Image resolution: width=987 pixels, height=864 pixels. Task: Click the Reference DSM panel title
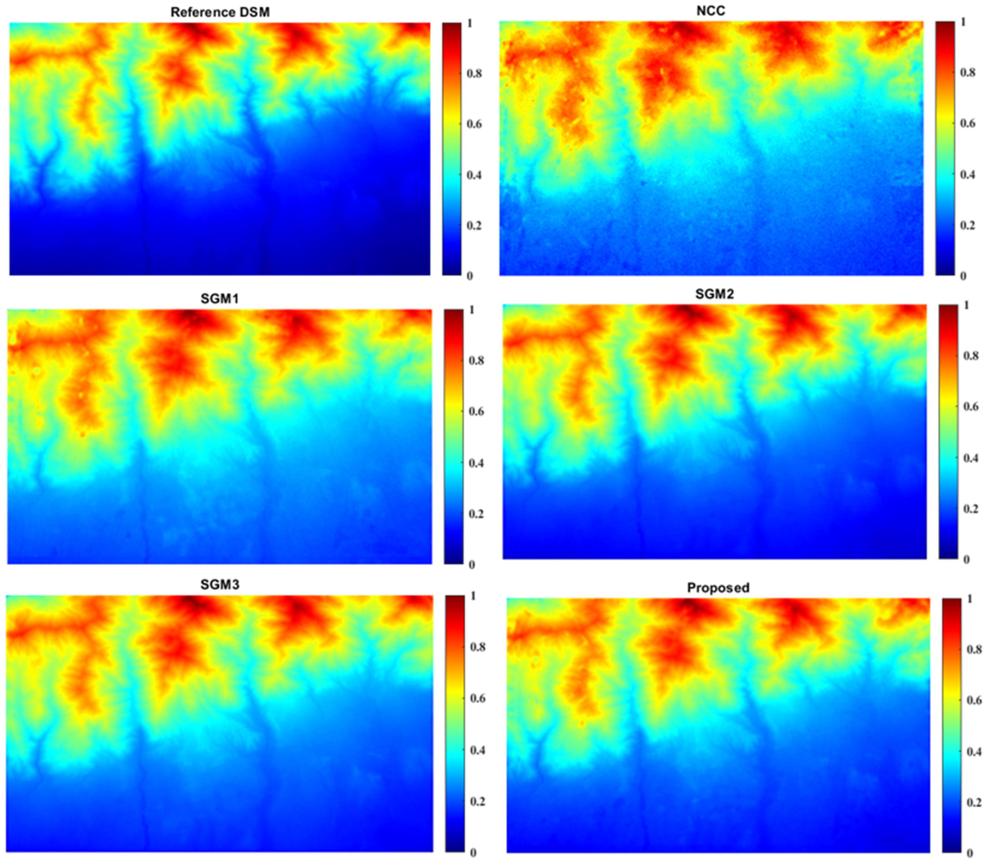tap(220, 12)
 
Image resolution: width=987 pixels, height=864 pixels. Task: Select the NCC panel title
tap(711, 11)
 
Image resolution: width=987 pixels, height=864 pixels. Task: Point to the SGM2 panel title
tap(714, 294)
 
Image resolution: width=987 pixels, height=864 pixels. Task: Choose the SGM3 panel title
tap(220, 585)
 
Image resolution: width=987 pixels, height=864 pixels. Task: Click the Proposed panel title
tap(718, 588)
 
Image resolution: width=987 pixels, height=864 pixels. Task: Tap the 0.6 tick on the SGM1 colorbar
tap(476, 411)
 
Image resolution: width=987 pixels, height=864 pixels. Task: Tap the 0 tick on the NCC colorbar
tap(963, 276)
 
